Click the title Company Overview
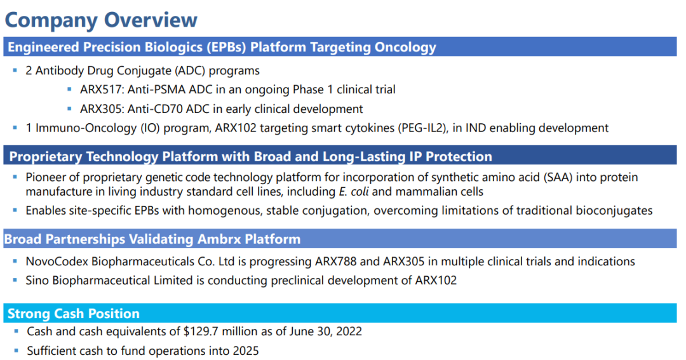(x=101, y=20)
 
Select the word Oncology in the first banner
(x=405, y=47)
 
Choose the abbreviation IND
(x=476, y=128)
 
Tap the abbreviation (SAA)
(x=558, y=177)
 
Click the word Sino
(x=37, y=281)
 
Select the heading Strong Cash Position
(x=74, y=314)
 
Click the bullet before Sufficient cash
(x=16, y=351)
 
